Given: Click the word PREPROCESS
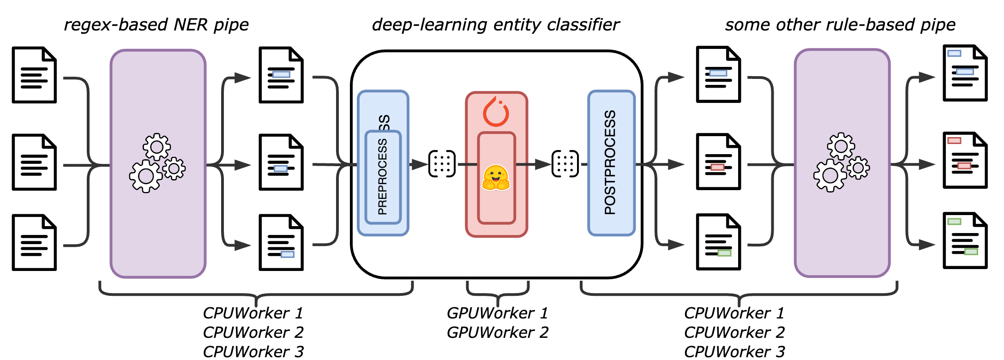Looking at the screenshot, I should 382,177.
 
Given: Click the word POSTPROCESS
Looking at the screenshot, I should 610,162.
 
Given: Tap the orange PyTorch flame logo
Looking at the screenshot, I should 496,112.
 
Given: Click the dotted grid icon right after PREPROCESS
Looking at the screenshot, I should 442,164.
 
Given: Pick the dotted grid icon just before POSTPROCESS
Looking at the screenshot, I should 565,164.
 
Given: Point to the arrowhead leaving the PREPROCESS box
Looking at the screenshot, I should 419,164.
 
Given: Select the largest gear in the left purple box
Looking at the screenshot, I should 146,176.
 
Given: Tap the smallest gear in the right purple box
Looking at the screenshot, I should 858,168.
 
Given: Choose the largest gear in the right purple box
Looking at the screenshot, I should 830,175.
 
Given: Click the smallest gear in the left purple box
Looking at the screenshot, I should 174,169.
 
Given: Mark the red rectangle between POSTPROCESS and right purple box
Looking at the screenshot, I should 717,167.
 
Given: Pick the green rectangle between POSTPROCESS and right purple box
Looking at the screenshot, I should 724,253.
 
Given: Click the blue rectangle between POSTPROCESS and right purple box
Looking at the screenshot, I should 718,73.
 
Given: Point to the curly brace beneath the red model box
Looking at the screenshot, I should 498,295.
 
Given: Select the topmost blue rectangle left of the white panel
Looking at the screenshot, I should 281,74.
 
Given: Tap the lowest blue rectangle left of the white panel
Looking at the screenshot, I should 287,254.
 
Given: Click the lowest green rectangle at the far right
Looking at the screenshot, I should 971,252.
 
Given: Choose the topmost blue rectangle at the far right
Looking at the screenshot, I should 954,54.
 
